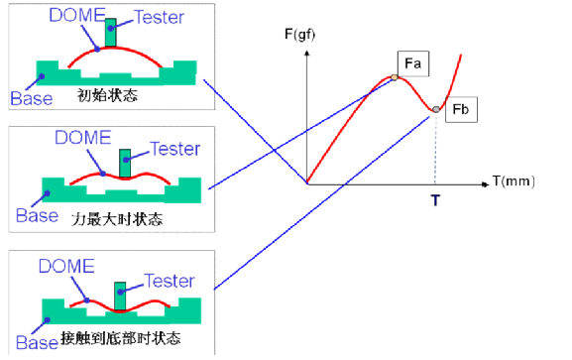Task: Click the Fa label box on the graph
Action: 413,63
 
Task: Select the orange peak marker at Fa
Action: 395,77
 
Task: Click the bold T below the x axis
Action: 434,201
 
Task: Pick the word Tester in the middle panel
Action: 174,149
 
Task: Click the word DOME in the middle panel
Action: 83,139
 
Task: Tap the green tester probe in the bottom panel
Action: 120,295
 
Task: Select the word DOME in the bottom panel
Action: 65,266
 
